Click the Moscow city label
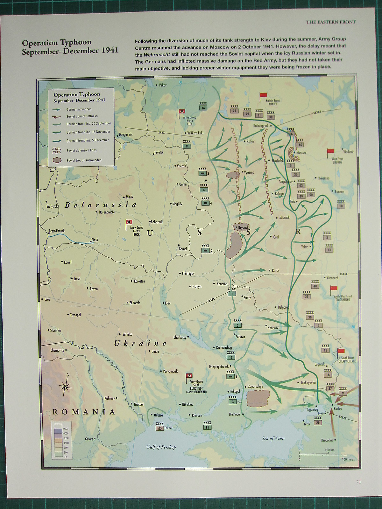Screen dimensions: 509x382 click(x=301, y=153)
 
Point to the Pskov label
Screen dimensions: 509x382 click(x=163, y=85)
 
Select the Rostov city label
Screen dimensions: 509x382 click(x=337, y=408)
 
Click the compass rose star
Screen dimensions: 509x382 click(x=65, y=387)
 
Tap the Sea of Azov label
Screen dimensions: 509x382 click(x=273, y=438)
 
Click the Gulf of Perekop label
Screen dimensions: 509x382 click(x=161, y=447)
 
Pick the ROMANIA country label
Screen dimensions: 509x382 click(x=83, y=412)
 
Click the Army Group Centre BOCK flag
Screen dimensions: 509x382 click(x=129, y=222)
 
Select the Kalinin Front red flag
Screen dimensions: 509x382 click(x=263, y=95)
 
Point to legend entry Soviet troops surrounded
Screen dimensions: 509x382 click(x=84, y=160)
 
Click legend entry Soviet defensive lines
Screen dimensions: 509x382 click(x=81, y=150)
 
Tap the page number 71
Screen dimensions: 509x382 click(x=358, y=482)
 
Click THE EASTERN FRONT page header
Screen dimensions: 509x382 click(x=330, y=22)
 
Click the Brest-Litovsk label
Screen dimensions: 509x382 click(x=57, y=231)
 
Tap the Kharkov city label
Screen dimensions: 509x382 click(x=273, y=328)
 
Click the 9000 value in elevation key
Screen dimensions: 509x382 click(x=66, y=429)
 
